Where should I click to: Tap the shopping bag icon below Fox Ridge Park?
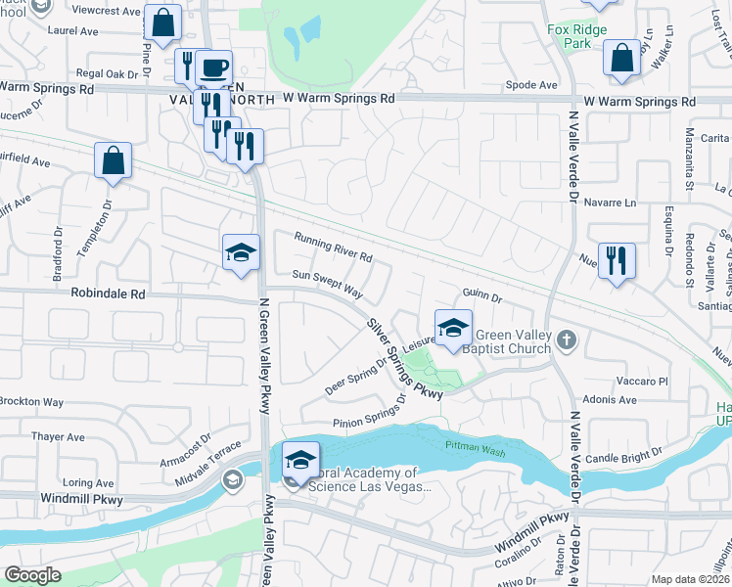coord(622,59)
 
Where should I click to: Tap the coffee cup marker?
coord(213,69)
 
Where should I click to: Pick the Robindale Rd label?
coord(108,293)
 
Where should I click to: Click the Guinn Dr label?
coord(481,295)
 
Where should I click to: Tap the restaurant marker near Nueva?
coord(617,261)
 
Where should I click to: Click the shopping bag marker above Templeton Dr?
coord(114,161)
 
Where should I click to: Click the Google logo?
coord(33,575)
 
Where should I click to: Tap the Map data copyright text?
coord(691,579)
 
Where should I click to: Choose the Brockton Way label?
coord(32,402)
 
